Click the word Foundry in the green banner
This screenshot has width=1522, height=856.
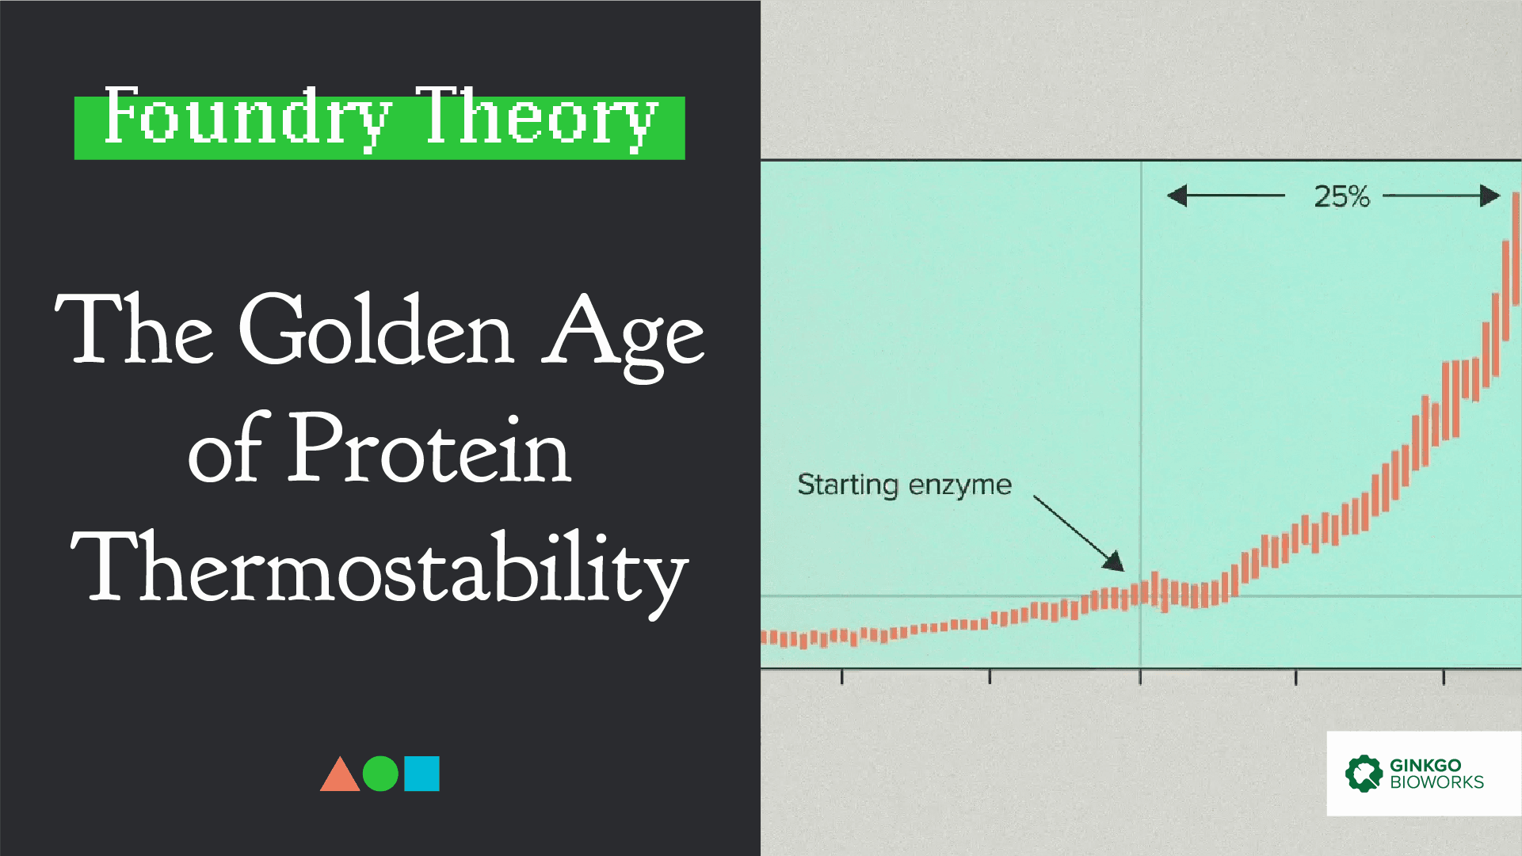247,118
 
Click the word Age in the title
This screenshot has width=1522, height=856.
623,337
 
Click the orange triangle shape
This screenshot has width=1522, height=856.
340,774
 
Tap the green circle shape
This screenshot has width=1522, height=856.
380,774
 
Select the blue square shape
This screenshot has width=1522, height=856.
422,774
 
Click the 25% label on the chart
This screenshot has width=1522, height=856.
1341,196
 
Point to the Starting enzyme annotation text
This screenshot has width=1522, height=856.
904,485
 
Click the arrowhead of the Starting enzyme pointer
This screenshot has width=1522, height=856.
1115,561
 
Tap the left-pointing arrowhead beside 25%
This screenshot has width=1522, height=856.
1177,196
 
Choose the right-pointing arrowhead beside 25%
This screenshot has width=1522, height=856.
1490,196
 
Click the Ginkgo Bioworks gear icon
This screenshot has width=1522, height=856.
1364,774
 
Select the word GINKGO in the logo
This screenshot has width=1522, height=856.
1425,765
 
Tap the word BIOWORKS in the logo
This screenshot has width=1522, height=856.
1436,782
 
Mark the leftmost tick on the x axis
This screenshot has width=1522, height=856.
842,677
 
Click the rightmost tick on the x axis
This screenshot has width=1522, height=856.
1444,677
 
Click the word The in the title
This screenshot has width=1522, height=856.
134,328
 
